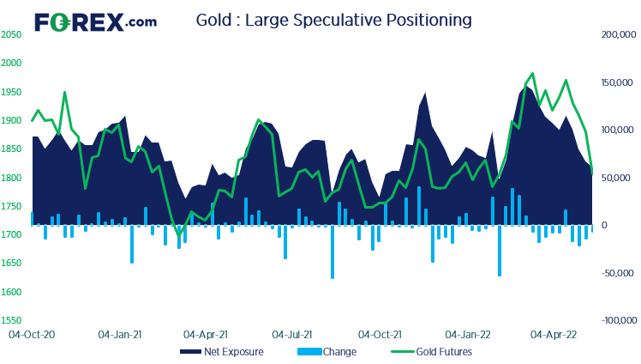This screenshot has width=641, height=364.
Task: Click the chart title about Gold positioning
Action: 333,18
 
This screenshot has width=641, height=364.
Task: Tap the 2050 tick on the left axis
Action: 12,34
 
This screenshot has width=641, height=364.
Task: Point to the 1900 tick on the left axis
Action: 12,121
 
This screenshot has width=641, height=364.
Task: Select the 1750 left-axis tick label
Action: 12,207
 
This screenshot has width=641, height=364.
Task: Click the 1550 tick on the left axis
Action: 12,321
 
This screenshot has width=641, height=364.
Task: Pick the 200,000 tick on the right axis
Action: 617,35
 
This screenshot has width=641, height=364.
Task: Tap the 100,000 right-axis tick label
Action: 617,130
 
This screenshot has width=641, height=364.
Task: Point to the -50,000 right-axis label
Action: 617,273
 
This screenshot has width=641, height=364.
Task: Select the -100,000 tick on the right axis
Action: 615,321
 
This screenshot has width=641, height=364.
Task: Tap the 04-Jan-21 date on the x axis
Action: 120,332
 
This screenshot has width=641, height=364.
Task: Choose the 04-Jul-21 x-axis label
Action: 291,332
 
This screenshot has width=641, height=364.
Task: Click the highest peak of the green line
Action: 533,74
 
